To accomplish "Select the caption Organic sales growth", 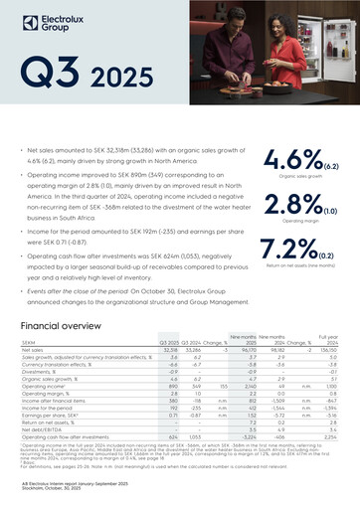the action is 285,176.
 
